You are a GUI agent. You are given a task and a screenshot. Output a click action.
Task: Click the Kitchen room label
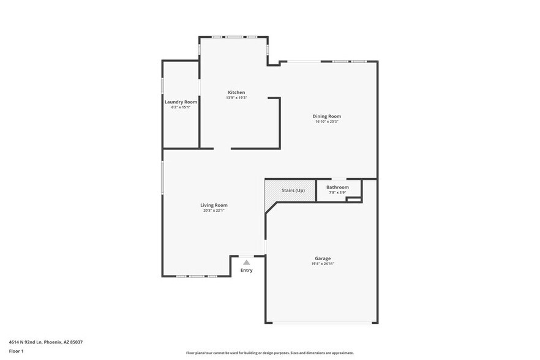236,92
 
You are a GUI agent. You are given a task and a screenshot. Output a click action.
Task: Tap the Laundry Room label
181,102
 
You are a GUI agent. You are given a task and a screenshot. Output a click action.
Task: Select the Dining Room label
326,116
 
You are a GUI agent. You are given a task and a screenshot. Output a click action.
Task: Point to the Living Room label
214,205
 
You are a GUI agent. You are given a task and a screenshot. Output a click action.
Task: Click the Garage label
323,258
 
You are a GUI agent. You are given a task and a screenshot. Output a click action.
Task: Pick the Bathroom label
337,187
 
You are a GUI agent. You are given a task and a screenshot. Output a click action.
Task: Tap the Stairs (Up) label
293,190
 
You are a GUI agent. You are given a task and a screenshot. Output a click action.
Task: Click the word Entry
246,270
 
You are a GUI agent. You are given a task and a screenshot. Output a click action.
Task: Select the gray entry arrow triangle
246,262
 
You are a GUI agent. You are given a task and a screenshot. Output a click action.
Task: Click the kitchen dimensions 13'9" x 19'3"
236,98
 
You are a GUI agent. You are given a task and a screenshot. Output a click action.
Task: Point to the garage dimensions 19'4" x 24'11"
323,264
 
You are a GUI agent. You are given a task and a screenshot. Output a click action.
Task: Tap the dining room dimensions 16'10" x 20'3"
326,122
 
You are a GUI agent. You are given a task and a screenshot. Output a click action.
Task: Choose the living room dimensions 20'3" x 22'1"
214,211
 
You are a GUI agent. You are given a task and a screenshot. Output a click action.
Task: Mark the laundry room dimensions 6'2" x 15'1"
181,107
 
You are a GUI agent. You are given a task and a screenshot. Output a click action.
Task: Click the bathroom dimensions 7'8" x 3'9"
337,193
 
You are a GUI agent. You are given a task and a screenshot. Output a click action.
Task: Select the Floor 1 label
16,351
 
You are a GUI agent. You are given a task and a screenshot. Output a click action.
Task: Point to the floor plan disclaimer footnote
269,353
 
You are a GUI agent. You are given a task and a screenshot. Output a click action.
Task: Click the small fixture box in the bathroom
353,198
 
